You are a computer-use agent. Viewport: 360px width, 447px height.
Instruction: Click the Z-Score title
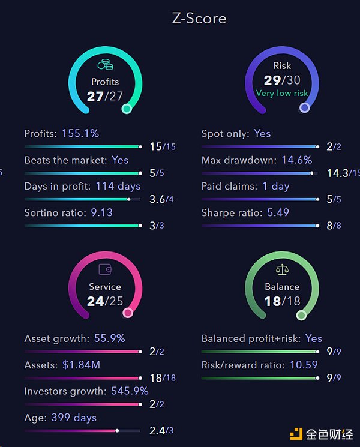pyautogui.click(x=199, y=19)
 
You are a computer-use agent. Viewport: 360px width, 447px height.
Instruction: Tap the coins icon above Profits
pyautogui.click(x=105, y=65)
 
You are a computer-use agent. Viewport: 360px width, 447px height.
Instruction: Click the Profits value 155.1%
pyautogui.click(x=80, y=133)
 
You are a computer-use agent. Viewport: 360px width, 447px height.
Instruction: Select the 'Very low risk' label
pyautogui.click(x=282, y=93)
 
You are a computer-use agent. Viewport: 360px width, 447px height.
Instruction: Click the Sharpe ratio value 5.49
pyautogui.click(x=292, y=212)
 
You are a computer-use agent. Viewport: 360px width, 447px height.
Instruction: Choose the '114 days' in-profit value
pyautogui.click(x=118, y=186)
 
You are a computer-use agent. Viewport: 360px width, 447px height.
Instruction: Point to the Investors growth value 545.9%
pyautogui.click(x=130, y=391)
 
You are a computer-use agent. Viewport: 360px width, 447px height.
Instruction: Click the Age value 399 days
pyautogui.click(x=74, y=418)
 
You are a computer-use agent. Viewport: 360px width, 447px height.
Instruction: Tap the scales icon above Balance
pyautogui.click(x=282, y=270)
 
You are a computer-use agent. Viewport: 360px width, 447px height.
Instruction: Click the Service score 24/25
pyautogui.click(x=105, y=301)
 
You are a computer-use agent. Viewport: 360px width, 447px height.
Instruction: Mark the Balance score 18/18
pyautogui.click(x=282, y=301)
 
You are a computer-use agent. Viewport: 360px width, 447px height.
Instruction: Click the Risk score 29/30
pyautogui.click(x=282, y=80)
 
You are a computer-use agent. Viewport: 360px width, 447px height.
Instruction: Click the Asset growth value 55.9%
pyautogui.click(x=109, y=338)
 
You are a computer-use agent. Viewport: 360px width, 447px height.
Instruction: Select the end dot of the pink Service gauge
pyautogui.click(x=127, y=313)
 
